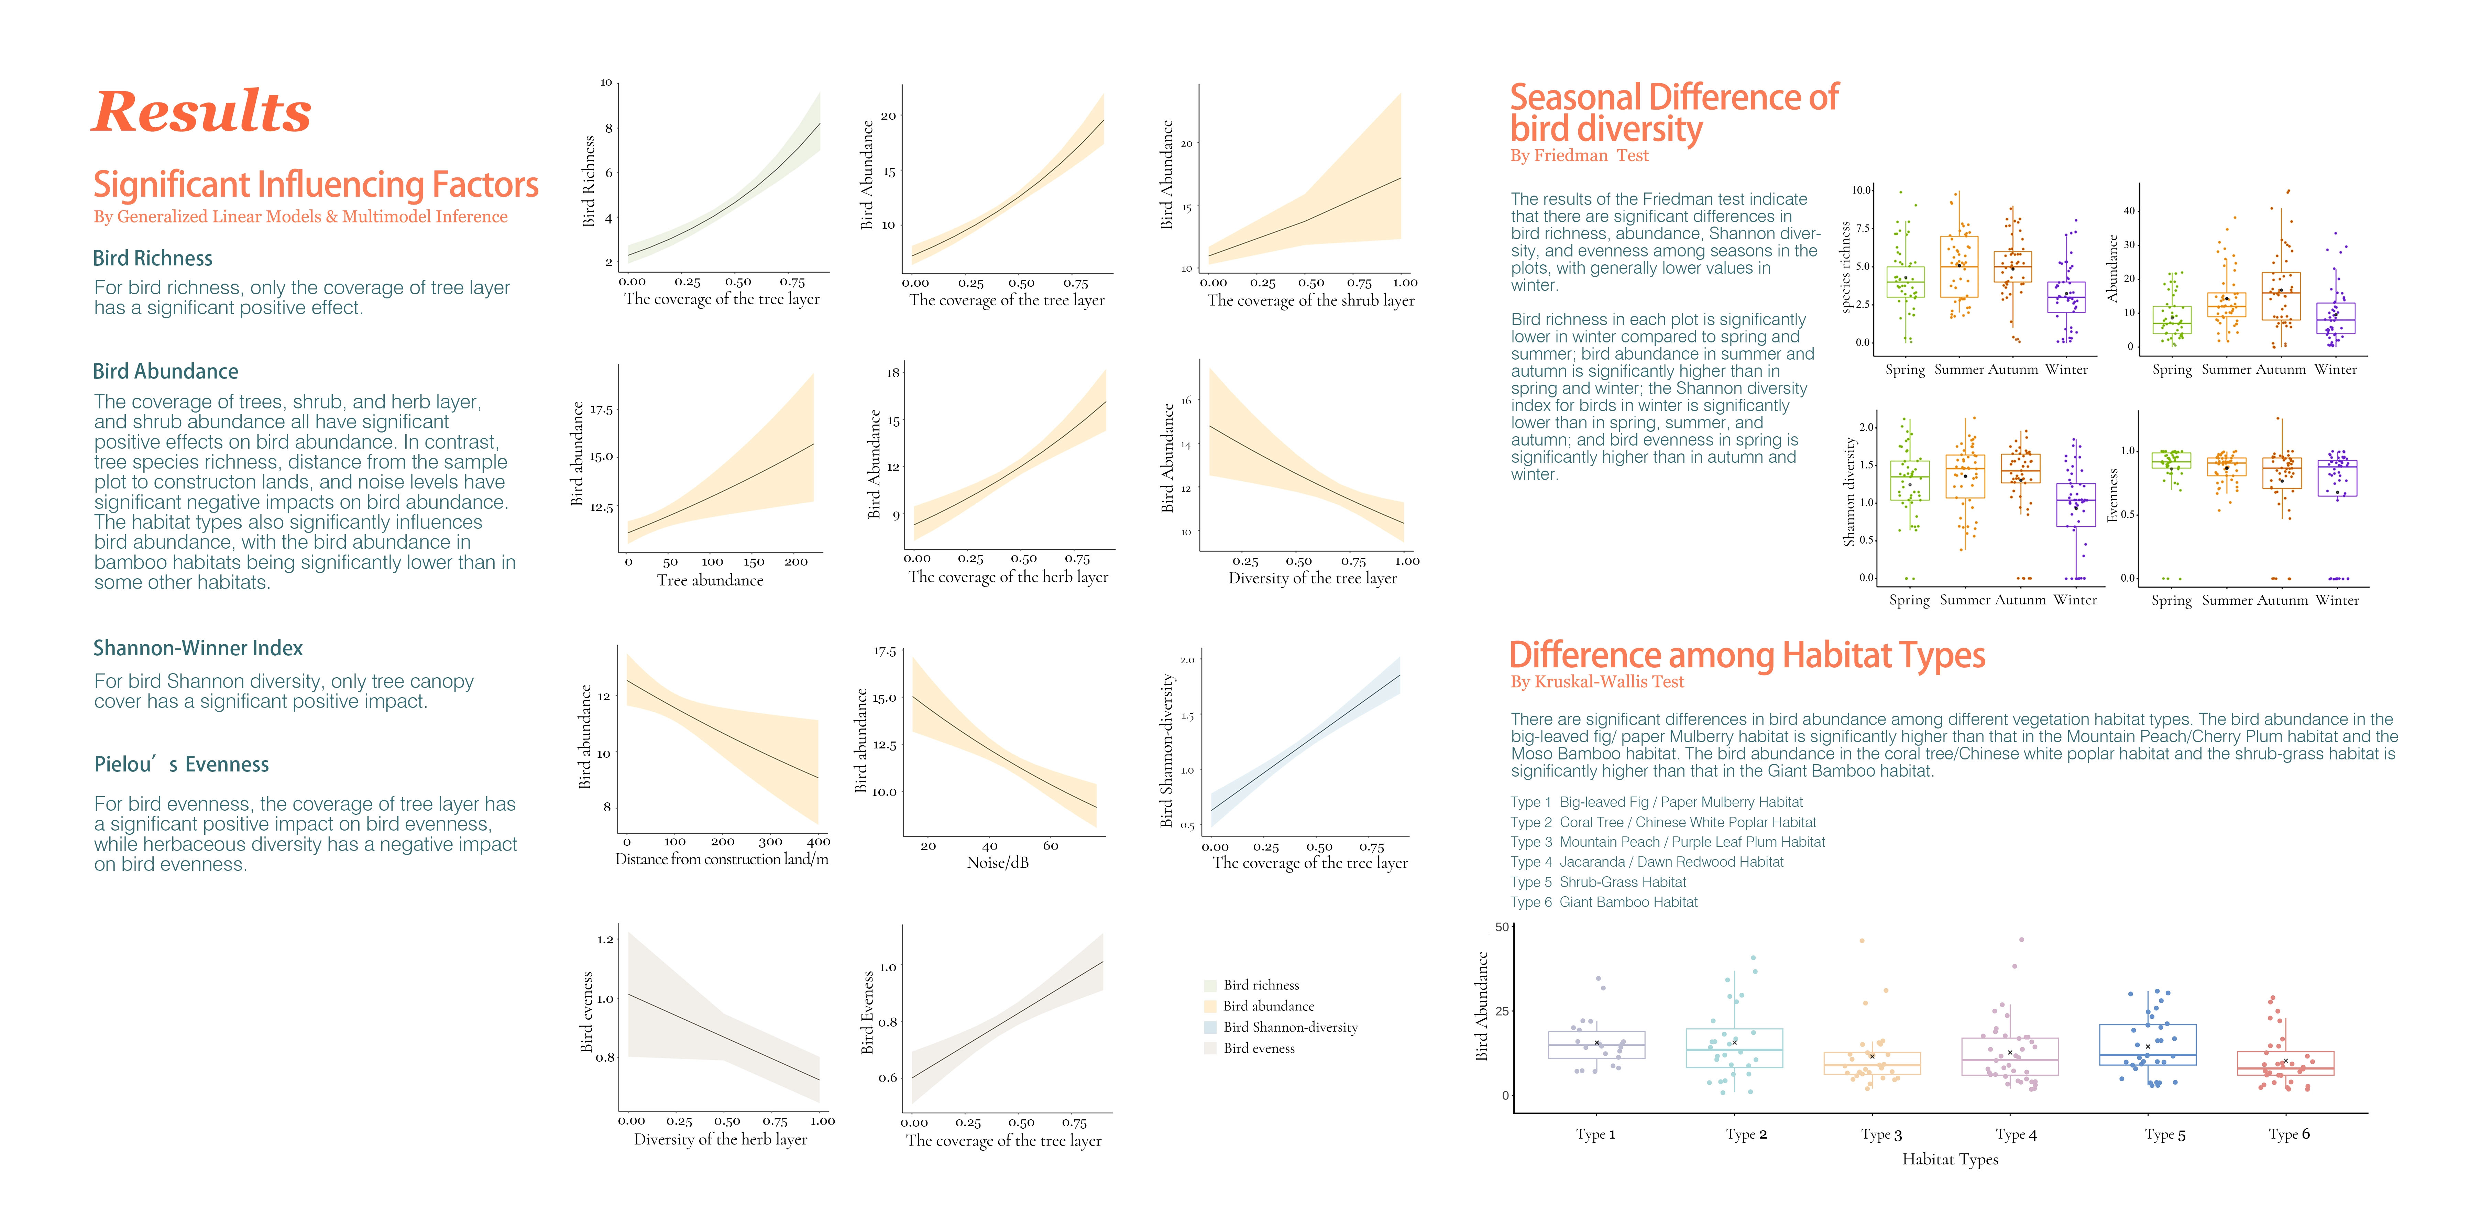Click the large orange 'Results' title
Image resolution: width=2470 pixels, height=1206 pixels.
pos(202,112)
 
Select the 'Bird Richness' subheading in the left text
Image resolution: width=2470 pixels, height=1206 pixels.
pos(152,258)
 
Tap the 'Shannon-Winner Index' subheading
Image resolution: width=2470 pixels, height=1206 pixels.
pos(198,648)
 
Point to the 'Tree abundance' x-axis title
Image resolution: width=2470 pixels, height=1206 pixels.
pos(710,580)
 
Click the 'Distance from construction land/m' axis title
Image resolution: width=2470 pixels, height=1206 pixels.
pos(721,859)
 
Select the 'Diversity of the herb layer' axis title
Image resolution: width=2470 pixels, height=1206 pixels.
pos(720,1139)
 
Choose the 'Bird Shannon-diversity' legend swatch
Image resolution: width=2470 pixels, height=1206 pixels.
pos(1210,1027)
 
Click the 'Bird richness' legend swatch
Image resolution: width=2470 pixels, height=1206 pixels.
pos(1210,985)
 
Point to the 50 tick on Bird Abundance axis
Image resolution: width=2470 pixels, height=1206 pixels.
pos(1502,927)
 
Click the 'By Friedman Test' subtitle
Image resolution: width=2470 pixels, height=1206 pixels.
pos(1579,155)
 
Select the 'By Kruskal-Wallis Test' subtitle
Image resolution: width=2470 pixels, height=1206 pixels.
pos(1596,682)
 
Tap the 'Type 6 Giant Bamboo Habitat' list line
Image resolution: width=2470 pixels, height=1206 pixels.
pos(1603,902)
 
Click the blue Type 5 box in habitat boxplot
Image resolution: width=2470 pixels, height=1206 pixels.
pos(2147,1044)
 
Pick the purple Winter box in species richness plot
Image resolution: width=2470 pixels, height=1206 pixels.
pos(2066,297)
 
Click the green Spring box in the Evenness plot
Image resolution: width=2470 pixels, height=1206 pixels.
pos(2171,460)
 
